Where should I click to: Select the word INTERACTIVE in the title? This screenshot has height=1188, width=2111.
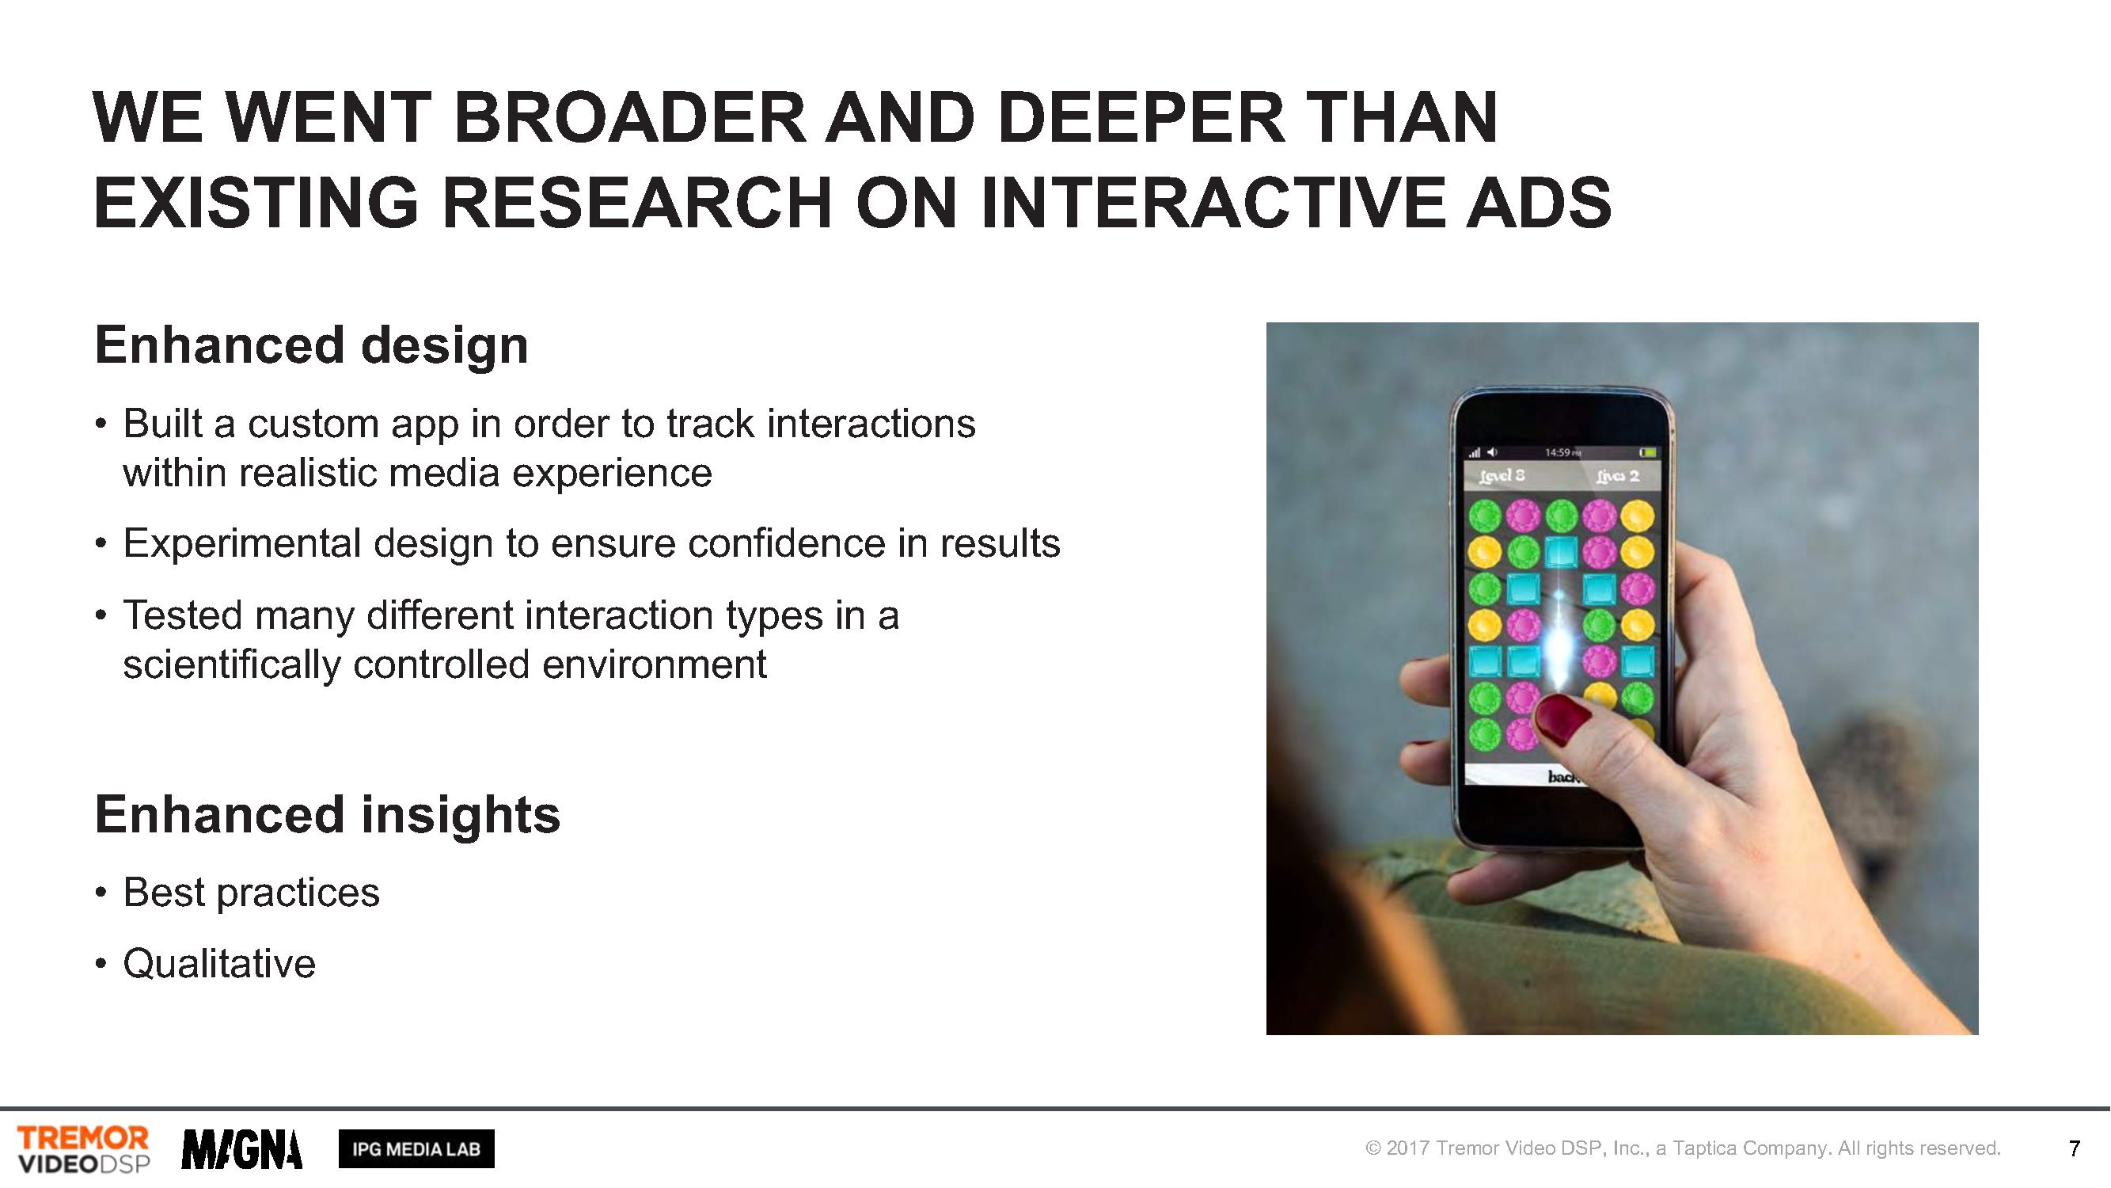coord(1213,203)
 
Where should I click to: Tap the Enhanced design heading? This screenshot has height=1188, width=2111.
coord(311,345)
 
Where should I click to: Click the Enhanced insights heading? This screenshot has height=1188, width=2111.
coord(328,815)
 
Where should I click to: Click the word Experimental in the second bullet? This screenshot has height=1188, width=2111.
coord(241,544)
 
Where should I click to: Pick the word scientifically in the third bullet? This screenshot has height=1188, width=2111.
coord(232,665)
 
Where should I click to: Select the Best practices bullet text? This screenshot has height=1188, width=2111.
coord(252,893)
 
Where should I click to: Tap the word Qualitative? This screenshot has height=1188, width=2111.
coord(218,963)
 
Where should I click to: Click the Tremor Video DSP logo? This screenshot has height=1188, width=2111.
coord(84,1149)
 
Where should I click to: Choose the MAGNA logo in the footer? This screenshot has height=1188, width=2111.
coord(241,1149)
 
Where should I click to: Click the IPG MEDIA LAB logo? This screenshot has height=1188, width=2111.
coord(416,1149)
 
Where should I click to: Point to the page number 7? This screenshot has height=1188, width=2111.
coord(2074,1149)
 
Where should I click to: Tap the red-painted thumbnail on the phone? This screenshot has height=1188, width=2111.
coord(1561,715)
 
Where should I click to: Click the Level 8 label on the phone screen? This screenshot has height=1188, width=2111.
coord(1502,476)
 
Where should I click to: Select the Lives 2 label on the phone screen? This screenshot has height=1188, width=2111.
coord(1618,476)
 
